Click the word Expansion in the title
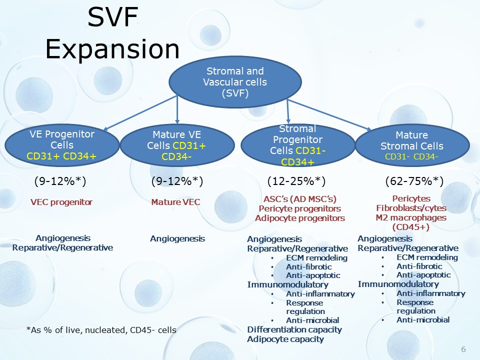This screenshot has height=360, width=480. tap(112, 49)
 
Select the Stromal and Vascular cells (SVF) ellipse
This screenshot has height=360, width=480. tap(235, 82)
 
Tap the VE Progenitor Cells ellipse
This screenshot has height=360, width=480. tap(62, 145)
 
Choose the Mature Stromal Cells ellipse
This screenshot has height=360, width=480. tap(412, 145)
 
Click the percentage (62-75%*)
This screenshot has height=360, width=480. tap(414, 181)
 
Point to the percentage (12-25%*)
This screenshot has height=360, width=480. tap(296, 181)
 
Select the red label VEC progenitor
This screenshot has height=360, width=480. tap(61, 202)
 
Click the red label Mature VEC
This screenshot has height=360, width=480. tap(175, 202)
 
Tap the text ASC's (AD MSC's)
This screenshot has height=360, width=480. tap(300, 199)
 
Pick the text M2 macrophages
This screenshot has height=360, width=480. tap(411, 217)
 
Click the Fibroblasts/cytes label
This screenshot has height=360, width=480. tap(411, 208)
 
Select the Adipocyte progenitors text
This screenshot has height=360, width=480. tap(300, 218)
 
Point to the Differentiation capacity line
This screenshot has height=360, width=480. tap(294, 329)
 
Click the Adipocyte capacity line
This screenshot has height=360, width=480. tap(285, 339)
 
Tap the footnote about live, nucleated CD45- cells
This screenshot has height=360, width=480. tap(101, 330)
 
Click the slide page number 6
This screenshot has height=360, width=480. tap(463, 349)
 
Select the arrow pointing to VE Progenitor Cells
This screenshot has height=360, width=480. tap(140, 113)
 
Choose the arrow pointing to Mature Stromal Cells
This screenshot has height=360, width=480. tap(329, 115)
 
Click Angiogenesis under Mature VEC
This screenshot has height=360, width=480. tap(177, 239)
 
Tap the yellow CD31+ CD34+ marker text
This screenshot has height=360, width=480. tap(61, 156)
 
